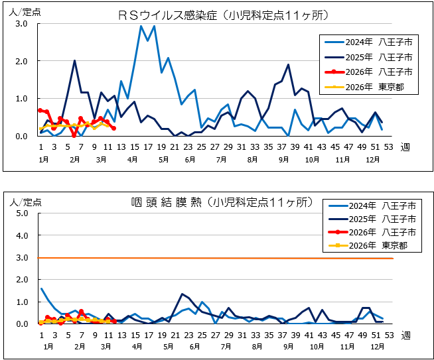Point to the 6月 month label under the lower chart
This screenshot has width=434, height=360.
pos(195,346)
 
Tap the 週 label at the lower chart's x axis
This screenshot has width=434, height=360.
pos(405,335)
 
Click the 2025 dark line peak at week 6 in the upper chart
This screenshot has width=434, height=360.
pos(74,60)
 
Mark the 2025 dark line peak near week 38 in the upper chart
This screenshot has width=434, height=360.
pos(288,65)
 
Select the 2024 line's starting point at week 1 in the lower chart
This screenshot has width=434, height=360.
pos(41,288)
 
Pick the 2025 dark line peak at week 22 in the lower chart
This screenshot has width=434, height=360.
pos(182,294)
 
